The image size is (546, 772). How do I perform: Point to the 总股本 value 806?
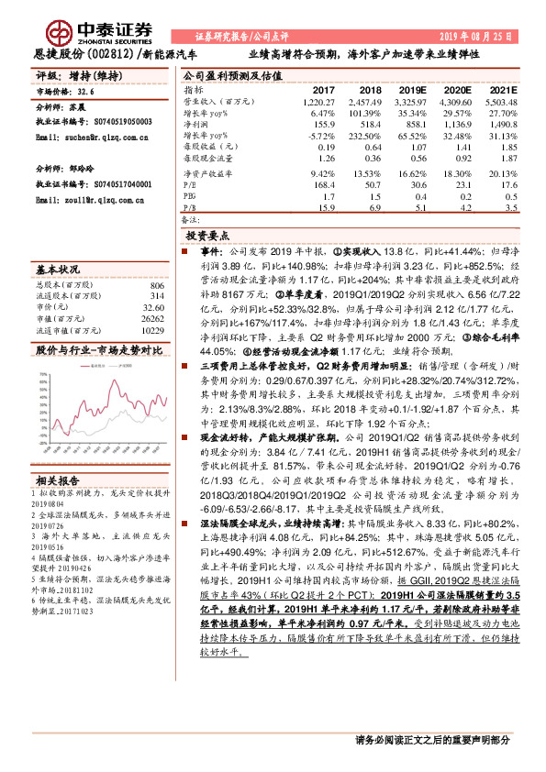pyautogui.click(x=155, y=286)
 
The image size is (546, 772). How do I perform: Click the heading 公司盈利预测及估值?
pyautogui.click(x=227, y=76)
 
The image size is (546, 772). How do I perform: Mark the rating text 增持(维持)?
pyautogui.click(x=90, y=76)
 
